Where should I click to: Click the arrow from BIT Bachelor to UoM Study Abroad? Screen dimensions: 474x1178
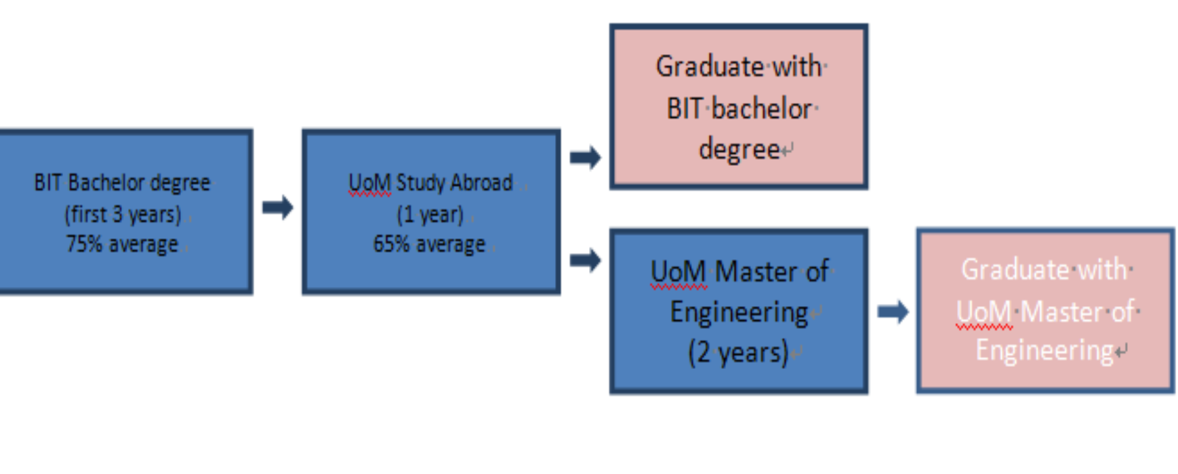(277, 207)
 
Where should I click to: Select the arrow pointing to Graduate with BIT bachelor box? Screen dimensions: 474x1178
(585, 158)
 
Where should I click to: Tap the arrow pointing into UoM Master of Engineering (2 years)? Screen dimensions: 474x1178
(585, 260)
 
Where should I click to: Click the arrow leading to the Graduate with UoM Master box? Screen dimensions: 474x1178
(893, 312)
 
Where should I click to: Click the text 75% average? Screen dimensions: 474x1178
(122, 244)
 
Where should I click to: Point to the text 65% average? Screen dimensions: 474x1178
(429, 244)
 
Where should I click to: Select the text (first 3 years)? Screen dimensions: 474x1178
(123, 215)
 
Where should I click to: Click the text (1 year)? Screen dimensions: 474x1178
(430, 215)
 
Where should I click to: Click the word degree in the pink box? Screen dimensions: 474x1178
(739, 149)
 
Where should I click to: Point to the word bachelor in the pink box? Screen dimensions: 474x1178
(762, 108)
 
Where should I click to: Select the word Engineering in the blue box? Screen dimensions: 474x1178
(739, 313)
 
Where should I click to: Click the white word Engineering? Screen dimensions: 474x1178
(1044, 351)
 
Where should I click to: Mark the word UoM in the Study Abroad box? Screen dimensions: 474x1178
(369, 183)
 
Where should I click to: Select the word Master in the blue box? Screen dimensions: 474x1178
(756, 272)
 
